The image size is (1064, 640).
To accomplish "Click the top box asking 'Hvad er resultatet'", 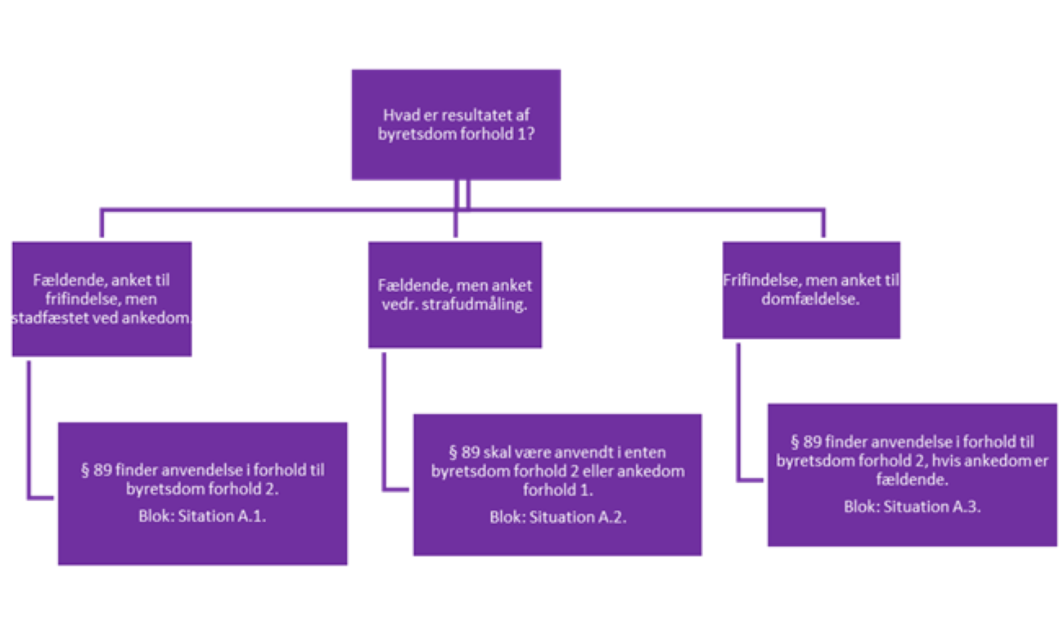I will [456, 124].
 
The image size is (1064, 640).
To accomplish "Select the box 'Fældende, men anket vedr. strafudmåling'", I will [454, 295].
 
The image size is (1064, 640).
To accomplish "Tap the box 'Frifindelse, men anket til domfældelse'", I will [811, 290].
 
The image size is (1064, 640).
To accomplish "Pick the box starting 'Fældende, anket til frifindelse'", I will [101, 299].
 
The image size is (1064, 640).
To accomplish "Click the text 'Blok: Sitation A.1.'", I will [202, 517].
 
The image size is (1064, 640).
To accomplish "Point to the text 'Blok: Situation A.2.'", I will [557, 517].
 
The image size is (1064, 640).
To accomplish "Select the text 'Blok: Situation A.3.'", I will [912, 507].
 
